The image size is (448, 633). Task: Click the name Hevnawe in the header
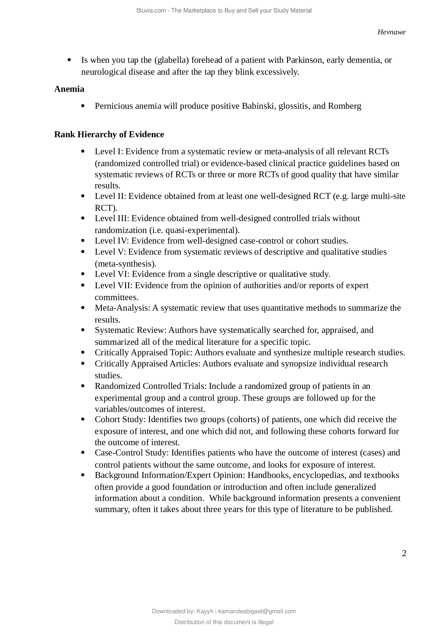(391, 32)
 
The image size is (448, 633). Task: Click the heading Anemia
(69, 89)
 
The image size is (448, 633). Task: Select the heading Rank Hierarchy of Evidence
(109, 135)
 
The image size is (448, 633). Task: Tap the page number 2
(404, 553)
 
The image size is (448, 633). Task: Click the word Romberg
(345, 106)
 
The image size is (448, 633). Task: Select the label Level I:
(109, 152)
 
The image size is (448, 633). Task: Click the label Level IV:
(112, 241)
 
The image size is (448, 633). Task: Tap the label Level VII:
(114, 286)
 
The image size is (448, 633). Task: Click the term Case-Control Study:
(132, 453)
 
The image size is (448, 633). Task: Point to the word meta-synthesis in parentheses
(125, 264)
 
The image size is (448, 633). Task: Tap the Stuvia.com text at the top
(151, 11)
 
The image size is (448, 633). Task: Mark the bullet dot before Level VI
(83, 274)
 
